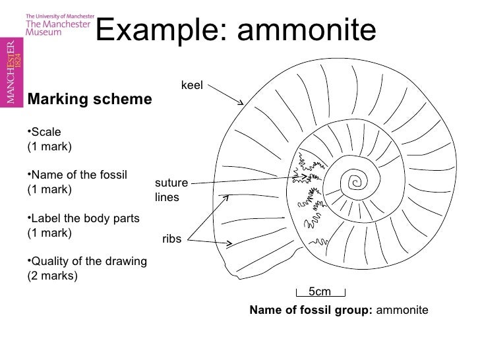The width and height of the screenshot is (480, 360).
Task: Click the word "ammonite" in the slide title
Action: point(307,30)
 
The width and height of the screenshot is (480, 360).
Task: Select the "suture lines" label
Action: point(171,190)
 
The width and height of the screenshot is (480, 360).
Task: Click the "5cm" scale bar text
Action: point(320,291)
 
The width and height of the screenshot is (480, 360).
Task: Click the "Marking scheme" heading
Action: point(89,100)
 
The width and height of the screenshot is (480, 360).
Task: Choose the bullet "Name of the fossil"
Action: point(77,175)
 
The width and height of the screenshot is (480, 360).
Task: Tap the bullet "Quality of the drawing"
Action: point(87,262)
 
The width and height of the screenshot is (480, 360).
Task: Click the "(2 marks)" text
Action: point(52,276)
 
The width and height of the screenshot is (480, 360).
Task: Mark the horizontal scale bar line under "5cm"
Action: point(321,298)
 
